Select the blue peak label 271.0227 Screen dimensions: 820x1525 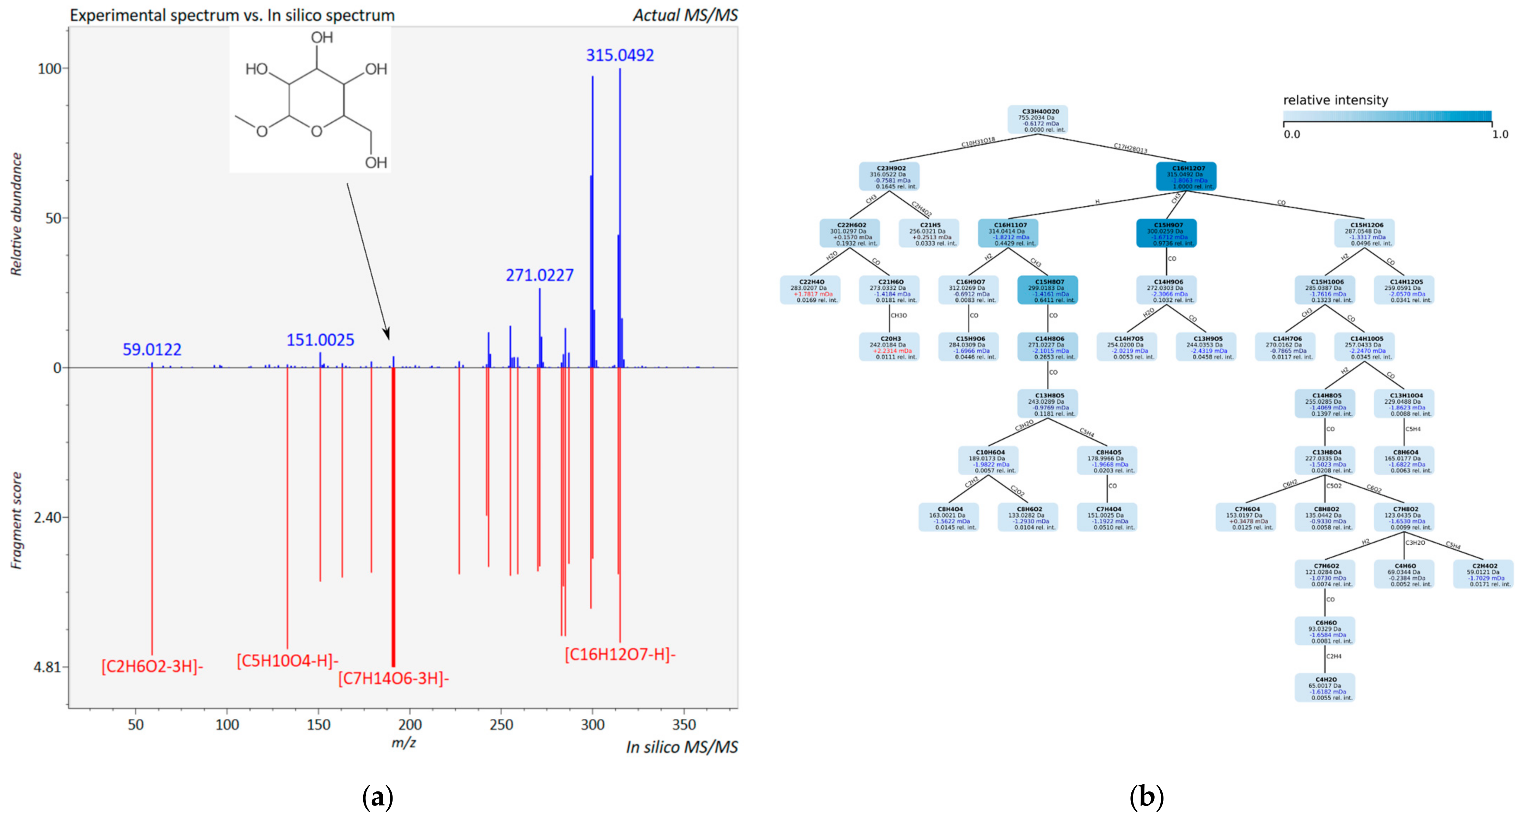pyautogui.click(x=539, y=275)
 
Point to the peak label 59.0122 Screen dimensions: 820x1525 pyautogui.click(x=152, y=350)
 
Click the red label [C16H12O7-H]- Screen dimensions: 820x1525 pyautogui.click(x=620, y=655)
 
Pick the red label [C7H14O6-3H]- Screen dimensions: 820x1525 pyautogui.click(x=394, y=678)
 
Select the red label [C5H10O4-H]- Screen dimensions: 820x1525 pyautogui.click(x=288, y=660)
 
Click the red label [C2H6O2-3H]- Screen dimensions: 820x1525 pyautogui.click(x=152, y=666)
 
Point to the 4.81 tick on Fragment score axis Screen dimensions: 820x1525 pyautogui.click(x=47, y=667)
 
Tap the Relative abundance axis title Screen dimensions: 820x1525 pyautogui.click(x=17, y=214)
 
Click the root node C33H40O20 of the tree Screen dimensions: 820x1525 pyautogui.click(x=1038, y=120)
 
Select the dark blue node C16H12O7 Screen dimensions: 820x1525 pyautogui.click(x=1186, y=177)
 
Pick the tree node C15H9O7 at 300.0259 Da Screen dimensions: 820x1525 pyautogui.click(x=1166, y=234)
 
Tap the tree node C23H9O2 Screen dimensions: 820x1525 pyautogui.click(x=889, y=177)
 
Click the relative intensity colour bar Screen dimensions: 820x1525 pyautogui.click(x=1387, y=116)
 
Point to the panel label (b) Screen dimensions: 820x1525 pyautogui.click(x=1146, y=797)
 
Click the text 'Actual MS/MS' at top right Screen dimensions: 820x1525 pyautogui.click(x=685, y=16)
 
